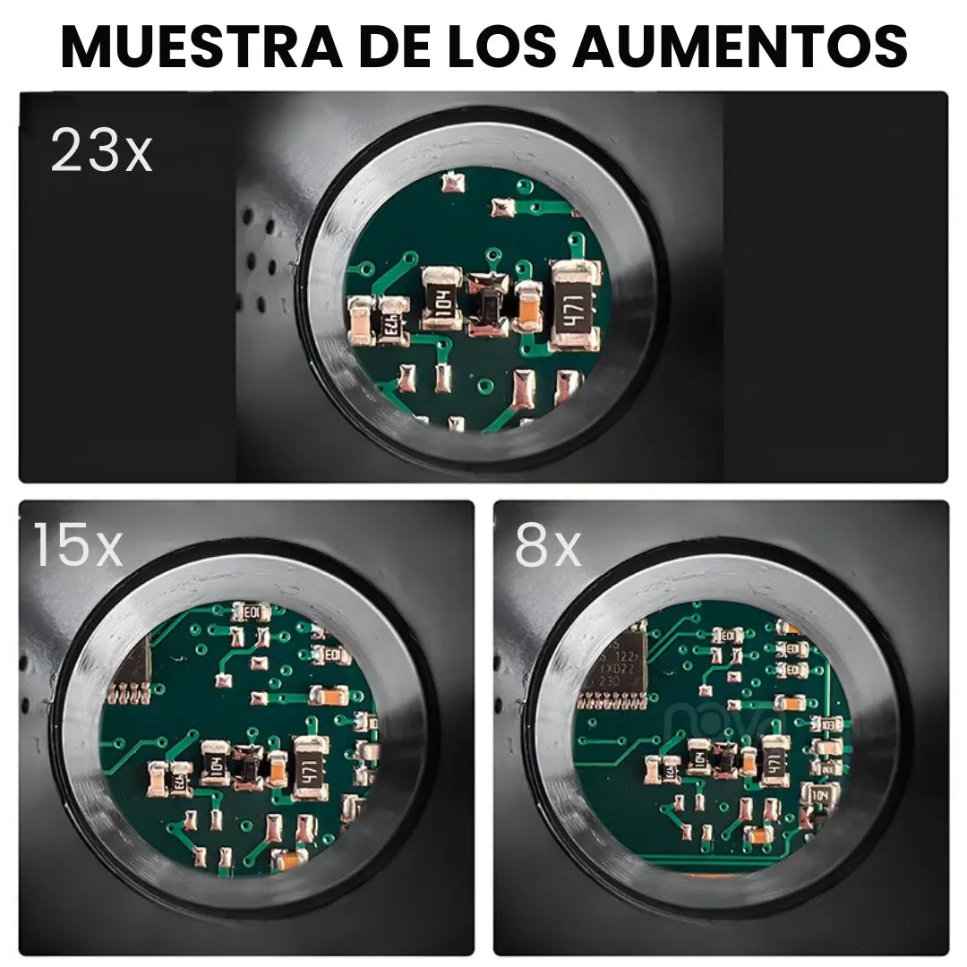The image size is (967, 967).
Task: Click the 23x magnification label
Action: (x=101, y=150)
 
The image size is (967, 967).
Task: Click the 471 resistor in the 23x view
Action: (x=574, y=304)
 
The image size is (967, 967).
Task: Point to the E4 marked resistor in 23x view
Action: (x=392, y=320)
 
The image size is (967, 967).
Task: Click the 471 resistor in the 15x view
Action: (x=311, y=767)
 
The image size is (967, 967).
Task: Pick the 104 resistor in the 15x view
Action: (x=216, y=762)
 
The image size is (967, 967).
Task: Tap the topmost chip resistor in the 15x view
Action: (x=250, y=612)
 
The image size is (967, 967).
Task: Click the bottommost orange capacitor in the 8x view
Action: (x=757, y=836)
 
